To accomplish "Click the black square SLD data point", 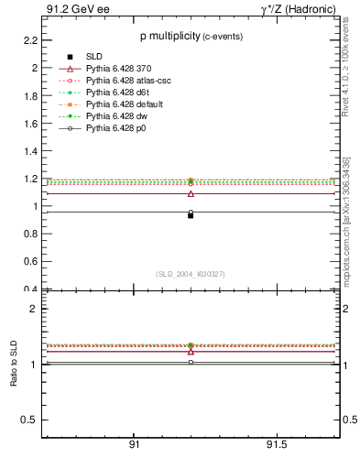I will coord(191,215).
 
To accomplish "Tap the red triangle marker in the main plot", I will coord(191,193).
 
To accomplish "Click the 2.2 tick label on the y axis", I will coord(30,40).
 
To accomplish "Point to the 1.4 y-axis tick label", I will coord(30,151).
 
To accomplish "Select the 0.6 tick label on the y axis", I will coord(30,262).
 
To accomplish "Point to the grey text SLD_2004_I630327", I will coord(190,274).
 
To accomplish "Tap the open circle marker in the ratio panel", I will coord(191,363).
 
